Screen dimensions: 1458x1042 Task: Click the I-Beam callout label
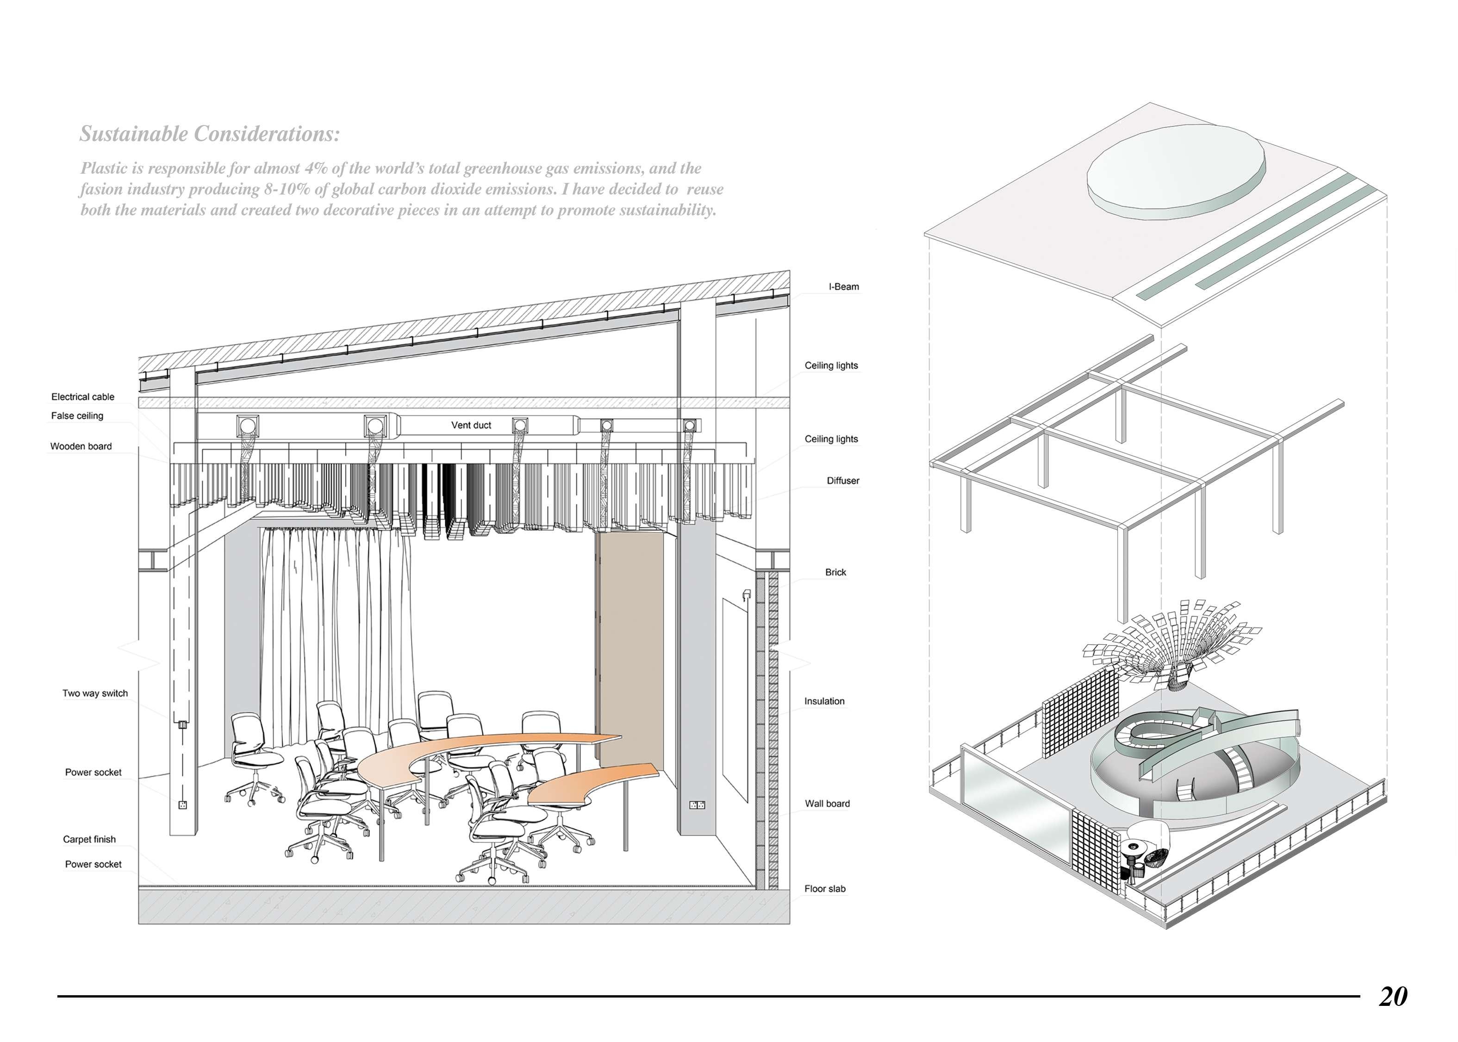click(x=843, y=287)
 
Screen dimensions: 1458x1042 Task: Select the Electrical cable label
click(x=83, y=396)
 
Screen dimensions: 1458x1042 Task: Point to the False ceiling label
click(x=77, y=416)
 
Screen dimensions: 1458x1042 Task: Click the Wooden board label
click(x=81, y=446)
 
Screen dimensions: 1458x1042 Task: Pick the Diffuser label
click(x=842, y=481)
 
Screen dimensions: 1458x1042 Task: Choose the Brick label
click(x=835, y=572)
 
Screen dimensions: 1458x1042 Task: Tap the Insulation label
click(x=824, y=701)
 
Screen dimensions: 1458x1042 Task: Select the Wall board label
click(x=827, y=803)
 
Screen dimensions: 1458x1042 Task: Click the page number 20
click(x=1393, y=997)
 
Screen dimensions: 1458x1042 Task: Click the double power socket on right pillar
click(x=697, y=804)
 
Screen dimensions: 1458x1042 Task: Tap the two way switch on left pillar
click(x=182, y=725)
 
